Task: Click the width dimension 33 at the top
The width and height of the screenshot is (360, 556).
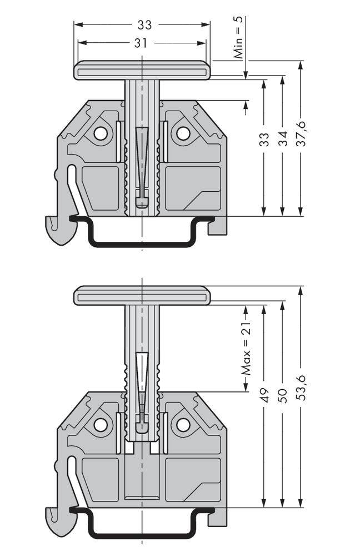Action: (x=144, y=25)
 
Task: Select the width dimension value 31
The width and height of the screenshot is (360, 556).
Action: (x=141, y=43)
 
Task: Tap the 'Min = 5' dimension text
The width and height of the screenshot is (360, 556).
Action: (x=238, y=38)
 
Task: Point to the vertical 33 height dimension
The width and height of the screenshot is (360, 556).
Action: (x=265, y=140)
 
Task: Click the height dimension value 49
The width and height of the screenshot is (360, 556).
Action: (x=265, y=395)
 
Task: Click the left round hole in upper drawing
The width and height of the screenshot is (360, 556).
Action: (x=101, y=133)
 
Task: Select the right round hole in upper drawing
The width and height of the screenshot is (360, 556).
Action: (x=183, y=133)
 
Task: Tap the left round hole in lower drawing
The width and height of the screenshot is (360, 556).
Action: (x=101, y=425)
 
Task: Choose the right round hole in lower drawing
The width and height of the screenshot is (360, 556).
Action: (x=183, y=425)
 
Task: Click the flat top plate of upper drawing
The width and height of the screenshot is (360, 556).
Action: (x=142, y=71)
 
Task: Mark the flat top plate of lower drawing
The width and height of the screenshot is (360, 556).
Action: (x=142, y=295)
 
